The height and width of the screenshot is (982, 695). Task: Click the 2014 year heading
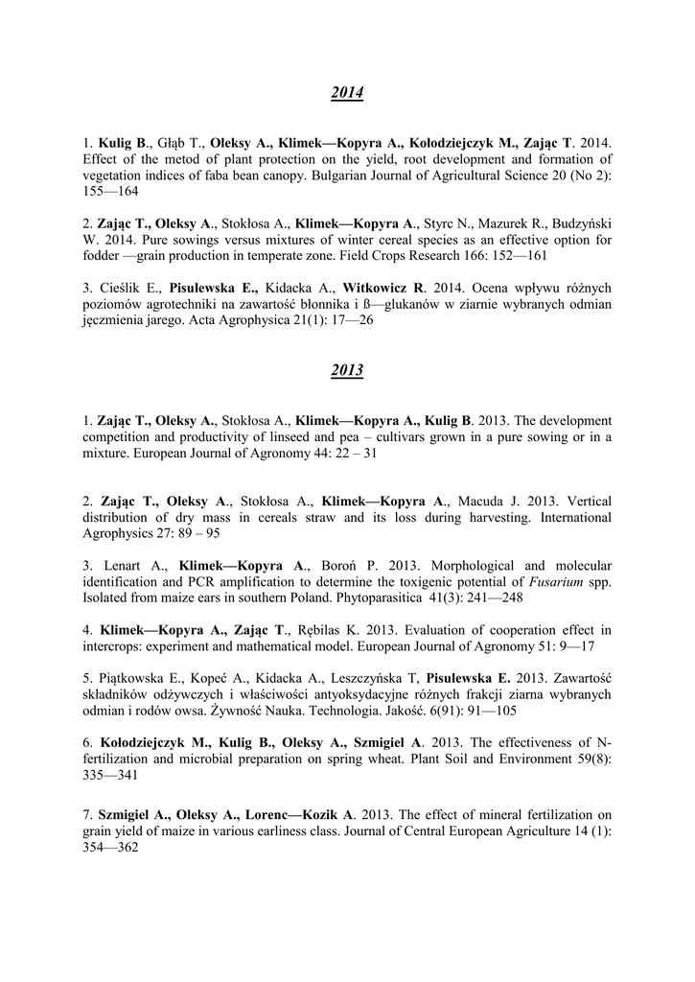[347, 93]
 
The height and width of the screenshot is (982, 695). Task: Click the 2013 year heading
[347, 370]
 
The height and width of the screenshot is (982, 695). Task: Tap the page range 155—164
[110, 192]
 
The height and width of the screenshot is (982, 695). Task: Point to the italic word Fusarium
[557, 582]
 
